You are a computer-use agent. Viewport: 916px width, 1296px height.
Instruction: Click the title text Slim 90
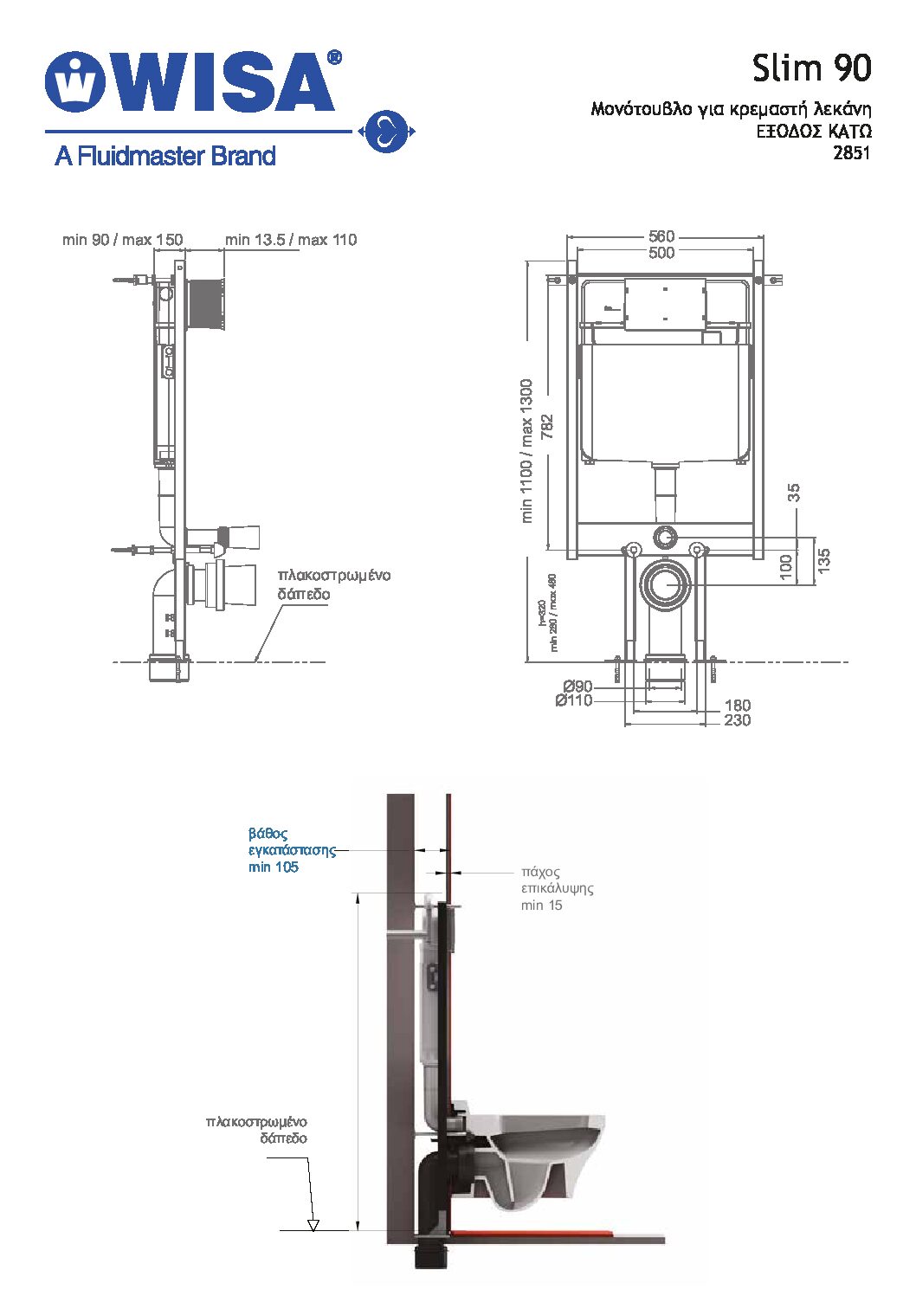tap(810, 68)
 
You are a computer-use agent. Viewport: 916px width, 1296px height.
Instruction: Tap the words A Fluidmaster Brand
tap(164, 156)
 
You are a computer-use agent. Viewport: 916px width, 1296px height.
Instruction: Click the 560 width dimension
tap(661, 236)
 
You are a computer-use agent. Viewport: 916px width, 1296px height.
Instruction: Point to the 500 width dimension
tap(661, 253)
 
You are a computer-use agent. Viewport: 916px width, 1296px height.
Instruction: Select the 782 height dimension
tap(547, 427)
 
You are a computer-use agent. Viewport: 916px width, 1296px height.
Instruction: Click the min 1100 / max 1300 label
tap(526, 450)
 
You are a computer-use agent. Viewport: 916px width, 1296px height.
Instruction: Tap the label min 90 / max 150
tap(122, 240)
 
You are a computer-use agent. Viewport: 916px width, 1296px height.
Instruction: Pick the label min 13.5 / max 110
tap(291, 240)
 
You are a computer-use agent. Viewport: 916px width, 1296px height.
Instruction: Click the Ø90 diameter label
tap(577, 687)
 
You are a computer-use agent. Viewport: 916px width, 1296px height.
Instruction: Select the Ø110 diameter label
tap(574, 700)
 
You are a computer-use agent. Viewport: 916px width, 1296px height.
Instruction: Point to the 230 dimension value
tap(737, 720)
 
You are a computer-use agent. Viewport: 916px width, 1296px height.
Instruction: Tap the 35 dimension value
tap(794, 493)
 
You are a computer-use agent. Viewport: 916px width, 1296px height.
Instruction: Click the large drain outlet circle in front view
tap(665, 584)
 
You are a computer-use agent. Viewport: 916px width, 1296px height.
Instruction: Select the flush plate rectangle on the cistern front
tap(665, 305)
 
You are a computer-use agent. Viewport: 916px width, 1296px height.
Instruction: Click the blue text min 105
tap(274, 867)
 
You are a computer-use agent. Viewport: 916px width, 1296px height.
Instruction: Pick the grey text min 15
tap(541, 906)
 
